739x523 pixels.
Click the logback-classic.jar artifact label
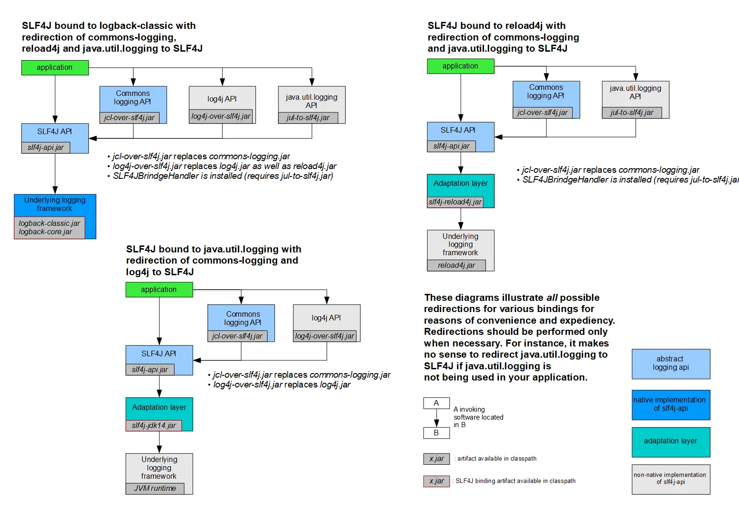[49, 224]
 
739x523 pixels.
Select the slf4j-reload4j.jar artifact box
[455, 202]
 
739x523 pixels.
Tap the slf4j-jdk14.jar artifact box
[154, 426]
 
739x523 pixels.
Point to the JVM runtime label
[155, 489]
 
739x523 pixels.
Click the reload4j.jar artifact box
[456, 265]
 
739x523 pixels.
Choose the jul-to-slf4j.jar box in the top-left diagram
[308, 118]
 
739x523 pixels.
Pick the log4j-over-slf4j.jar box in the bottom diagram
[324, 336]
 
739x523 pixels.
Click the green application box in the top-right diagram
[460, 66]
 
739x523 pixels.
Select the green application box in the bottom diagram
[159, 290]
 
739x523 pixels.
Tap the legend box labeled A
[436, 403]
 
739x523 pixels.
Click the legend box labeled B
[436, 433]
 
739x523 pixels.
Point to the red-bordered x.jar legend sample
[437, 481]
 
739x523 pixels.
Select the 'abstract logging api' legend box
[671, 364]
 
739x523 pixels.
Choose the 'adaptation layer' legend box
[671, 441]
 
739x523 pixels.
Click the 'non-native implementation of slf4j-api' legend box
[671, 479]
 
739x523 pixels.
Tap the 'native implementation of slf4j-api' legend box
[671, 405]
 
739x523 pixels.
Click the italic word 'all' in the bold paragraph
[552, 298]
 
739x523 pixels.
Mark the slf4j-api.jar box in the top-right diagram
[451, 146]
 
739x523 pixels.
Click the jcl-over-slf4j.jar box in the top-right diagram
[543, 113]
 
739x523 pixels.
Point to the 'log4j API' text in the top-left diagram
[222, 99]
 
